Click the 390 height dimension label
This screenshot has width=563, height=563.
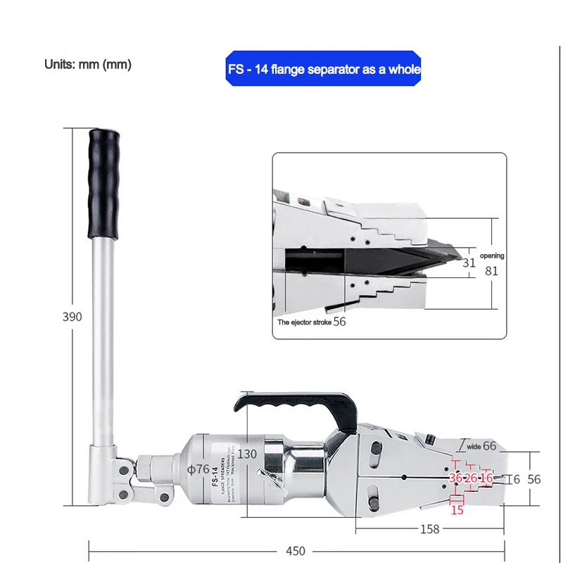tap(72, 317)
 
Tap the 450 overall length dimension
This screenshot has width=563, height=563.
tap(296, 551)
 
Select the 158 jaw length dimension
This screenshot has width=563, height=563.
tap(429, 529)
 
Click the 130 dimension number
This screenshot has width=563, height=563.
tap(247, 454)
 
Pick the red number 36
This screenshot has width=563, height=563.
tap(456, 479)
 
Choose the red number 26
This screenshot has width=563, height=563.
tap(471, 479)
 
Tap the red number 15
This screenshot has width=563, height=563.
tap(457, 510)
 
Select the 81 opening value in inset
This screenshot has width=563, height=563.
tap(491, 270)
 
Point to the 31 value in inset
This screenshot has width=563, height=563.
tap(469, 263)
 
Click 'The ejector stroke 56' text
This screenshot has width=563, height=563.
tap(312, 321)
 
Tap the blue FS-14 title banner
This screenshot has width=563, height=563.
tap(324, 69)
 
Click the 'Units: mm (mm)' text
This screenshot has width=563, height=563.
tap(88, 64)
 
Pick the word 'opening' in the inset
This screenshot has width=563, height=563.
tap(492, 256)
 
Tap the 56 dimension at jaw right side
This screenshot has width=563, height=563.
tap(534, 479)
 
